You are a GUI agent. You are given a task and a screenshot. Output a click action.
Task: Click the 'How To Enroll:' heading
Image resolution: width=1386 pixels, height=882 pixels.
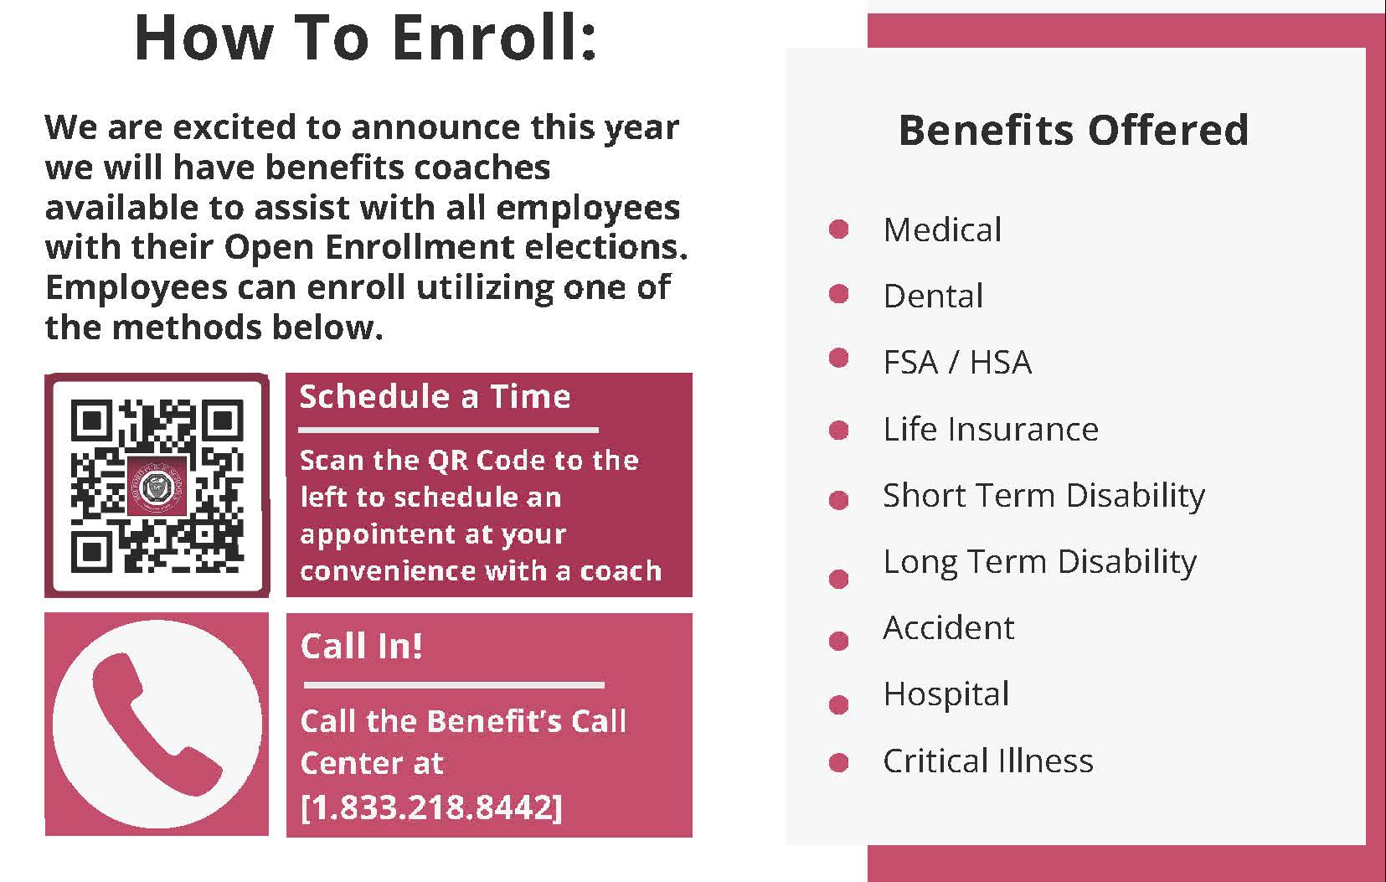click(x=366, y=38)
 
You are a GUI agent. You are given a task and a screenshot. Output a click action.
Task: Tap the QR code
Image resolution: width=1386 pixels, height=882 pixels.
click(x=157, y=486)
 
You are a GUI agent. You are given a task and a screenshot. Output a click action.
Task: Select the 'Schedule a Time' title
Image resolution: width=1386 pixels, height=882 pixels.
click(x=435, y=396)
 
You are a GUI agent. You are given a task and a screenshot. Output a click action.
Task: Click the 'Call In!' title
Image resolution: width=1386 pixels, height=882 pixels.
click(x=361, y=646)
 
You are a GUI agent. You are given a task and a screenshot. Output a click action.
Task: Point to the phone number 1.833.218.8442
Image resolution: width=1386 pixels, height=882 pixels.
click(x=431, y=807)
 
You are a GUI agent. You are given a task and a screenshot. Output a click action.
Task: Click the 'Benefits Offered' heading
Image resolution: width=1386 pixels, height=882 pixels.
click(x=1073, y=130)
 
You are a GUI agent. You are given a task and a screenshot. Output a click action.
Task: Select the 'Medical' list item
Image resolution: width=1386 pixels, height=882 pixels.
click(x=942, y=230)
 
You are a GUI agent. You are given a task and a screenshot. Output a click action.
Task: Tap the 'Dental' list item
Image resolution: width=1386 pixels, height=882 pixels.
click(x=933, y=296)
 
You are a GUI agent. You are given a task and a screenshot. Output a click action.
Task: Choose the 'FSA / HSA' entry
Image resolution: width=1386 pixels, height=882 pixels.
click(x=957, y=363)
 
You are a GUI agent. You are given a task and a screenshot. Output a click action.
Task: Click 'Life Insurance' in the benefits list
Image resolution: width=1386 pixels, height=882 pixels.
click(x=991, y=429)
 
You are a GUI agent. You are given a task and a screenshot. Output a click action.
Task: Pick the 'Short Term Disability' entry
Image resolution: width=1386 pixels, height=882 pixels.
click(x=1043, y=496)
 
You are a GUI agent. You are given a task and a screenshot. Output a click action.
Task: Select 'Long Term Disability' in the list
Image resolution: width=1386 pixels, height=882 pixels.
click(x=1039, y=562)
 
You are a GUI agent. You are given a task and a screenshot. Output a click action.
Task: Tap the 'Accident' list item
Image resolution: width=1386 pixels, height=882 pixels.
click(x=949, y=628)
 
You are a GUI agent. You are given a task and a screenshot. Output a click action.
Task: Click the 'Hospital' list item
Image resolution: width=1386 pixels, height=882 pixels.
click(x=946, y=694)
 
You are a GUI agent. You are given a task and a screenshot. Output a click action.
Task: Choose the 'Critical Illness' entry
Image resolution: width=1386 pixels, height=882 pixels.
click(x=988, y=761)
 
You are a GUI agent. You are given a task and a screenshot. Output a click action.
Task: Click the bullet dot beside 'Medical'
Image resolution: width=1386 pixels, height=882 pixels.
click(x=838, y=230)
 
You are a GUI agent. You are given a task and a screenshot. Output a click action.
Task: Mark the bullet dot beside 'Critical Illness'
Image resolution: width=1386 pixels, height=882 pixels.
click(x=838, y=762)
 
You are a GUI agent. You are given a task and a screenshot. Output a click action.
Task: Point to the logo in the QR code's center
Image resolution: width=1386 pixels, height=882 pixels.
click(x=157, y=487)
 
